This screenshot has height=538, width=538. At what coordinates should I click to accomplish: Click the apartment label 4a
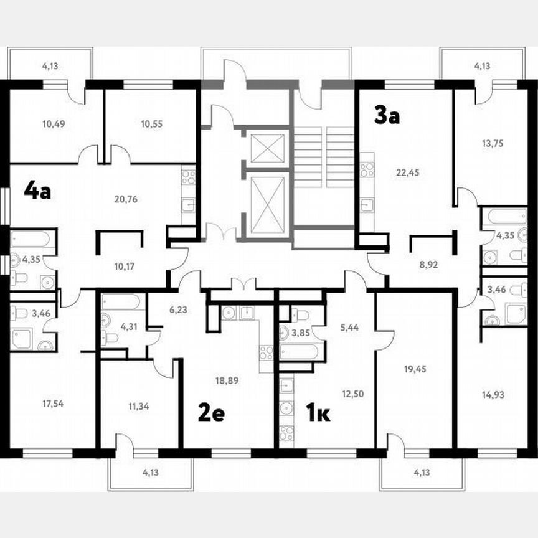pos(37,190)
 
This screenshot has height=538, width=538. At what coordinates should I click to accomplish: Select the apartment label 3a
pos(386,115)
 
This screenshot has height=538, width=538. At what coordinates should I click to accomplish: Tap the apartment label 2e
pos(211,412)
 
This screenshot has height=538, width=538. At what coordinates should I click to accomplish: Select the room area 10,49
pos(54,123)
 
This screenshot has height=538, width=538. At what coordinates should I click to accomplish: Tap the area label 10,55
pos(151,123)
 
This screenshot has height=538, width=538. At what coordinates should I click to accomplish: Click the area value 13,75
pos(493,143)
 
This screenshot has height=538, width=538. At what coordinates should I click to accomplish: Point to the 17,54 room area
pos(52,403)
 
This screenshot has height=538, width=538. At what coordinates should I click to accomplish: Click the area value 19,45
pos(413,368)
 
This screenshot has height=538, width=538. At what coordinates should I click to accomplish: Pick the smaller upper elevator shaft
pos(267,148)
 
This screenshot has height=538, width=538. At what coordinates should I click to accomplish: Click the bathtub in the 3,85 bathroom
pos(301,352)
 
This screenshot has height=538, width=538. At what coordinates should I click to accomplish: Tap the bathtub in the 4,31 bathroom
pos(121,302)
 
